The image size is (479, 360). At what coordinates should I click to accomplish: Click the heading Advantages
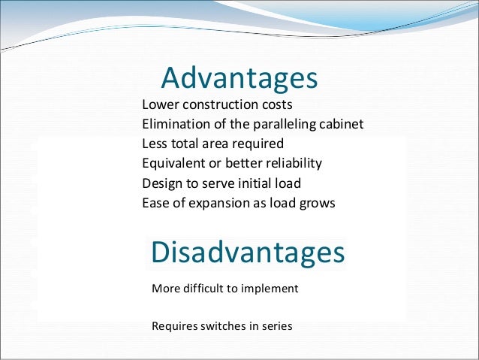point(239,78)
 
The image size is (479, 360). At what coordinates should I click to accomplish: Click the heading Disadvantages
point(248,253)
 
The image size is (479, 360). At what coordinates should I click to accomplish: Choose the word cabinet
point(342,123)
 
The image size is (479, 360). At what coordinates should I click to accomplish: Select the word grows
point(317,203)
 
